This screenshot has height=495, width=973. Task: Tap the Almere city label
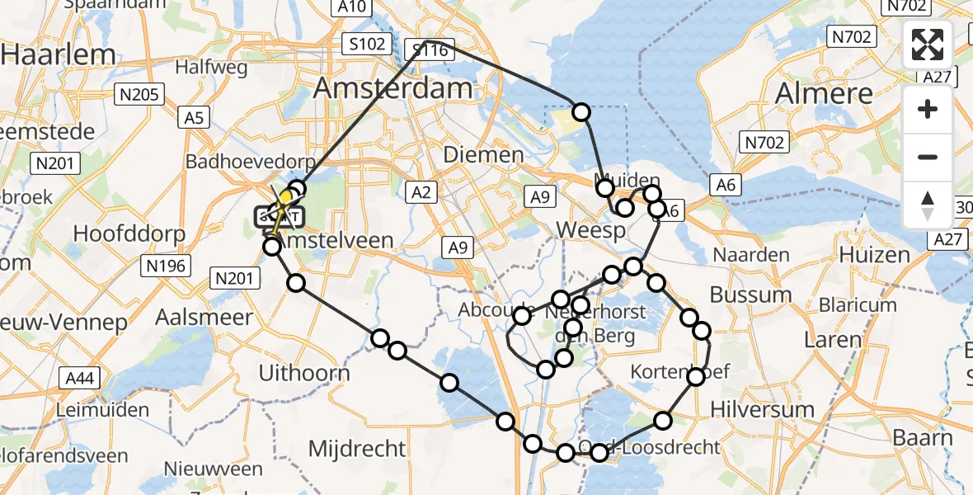824,93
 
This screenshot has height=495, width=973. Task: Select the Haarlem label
58,54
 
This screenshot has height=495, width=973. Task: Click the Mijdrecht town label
357,449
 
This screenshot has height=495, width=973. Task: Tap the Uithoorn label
304,373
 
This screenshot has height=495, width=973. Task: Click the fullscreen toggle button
928,45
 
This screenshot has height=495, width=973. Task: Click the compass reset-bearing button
928,205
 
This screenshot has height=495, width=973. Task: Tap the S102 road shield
367,44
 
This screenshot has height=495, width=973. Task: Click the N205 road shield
139,95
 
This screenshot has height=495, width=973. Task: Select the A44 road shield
80,379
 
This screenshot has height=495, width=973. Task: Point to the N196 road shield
168,265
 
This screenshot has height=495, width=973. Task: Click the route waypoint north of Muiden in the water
581,112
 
